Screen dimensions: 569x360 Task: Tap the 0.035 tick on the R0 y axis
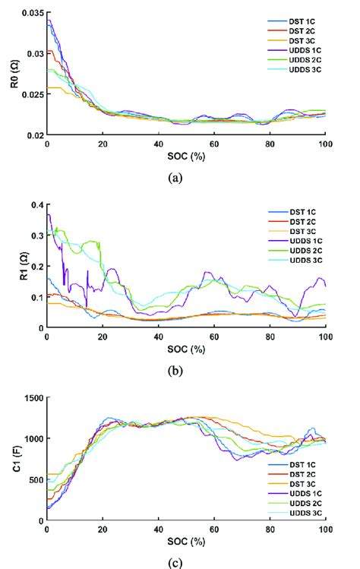click(32, 13)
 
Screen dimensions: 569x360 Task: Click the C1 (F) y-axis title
click(9, 459)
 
